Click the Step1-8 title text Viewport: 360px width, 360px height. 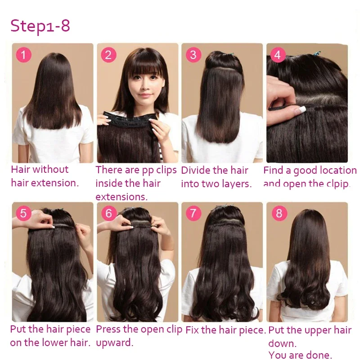coord(40,26)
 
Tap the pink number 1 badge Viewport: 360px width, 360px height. coord(23,55)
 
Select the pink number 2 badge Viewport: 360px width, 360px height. coord(108,55)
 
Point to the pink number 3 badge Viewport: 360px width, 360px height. coord(193,55)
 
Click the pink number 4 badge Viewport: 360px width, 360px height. coord(278,55)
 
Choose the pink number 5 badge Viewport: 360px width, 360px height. coord(23,212)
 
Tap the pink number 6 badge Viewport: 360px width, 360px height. coord(108,212)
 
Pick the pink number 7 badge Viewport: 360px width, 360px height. coord(193,212)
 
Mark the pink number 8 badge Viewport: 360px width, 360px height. coord(279,212)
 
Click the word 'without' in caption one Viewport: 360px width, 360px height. coord(50,170)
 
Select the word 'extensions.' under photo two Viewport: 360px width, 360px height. coord(121,197)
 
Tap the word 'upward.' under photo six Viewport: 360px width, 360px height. coord(115,343)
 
